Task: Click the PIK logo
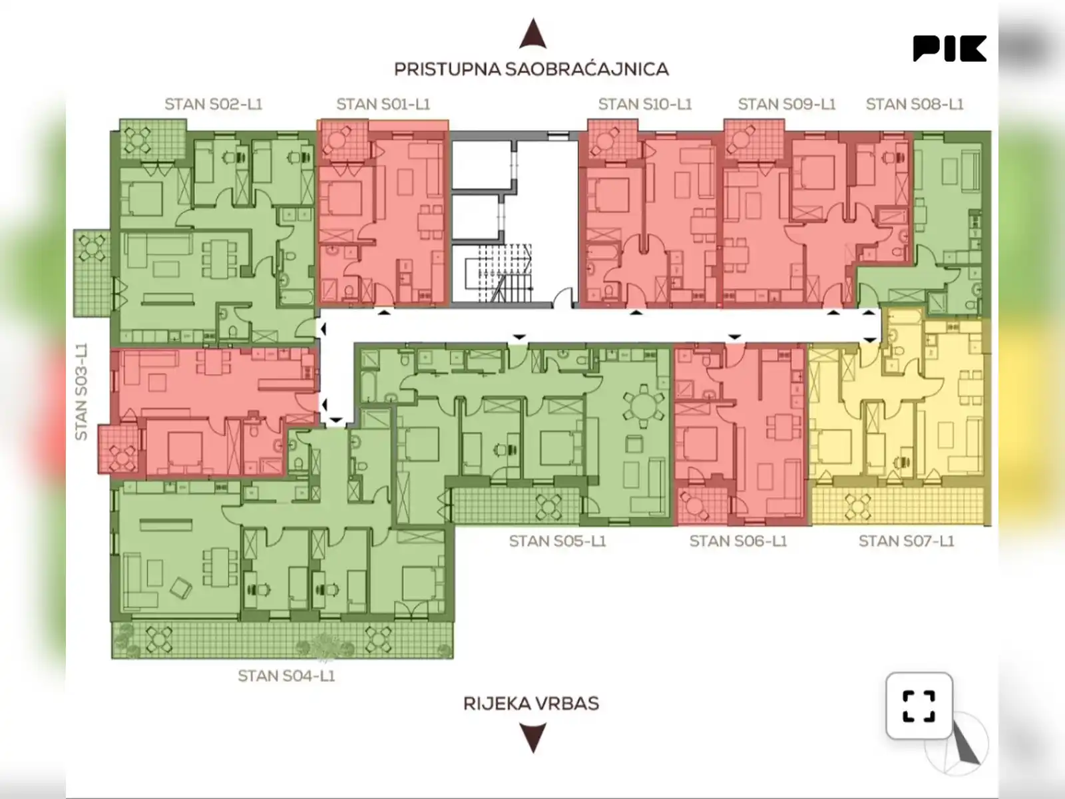[950, 49]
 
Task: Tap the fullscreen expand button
[919, 705]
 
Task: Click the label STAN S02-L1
[214, 105]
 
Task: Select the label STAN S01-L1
[383, 105]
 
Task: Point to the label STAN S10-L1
[645, 105]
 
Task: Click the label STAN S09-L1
[787, 105]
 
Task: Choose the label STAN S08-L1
[915, 105]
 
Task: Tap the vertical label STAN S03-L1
[81, 392]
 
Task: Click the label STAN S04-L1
[286, 676]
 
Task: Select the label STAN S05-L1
[558, 541]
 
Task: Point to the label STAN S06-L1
[738, 541]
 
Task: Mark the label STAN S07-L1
[907, 541]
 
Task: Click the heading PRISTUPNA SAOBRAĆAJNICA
[531, 69]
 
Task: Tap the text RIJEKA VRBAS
[531, 703]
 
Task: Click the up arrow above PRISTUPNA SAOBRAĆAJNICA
[533, 33]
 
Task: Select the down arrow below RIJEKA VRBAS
[533, 737]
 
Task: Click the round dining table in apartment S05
[644, 407]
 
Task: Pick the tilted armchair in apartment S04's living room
[180, 588]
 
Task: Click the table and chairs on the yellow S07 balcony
[857, 507]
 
